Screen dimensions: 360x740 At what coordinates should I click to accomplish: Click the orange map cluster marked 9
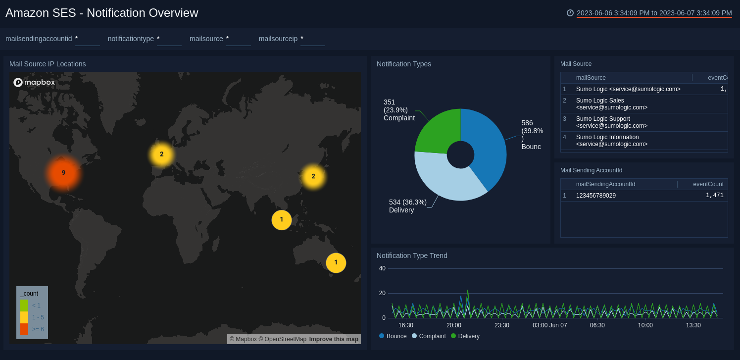pyautogui.click(x=63, y=173)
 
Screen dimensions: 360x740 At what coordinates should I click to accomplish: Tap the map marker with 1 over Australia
pyautogui.click(x=336, y=262)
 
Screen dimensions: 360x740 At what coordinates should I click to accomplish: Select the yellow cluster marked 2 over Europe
pyautogui.click(x=161, y=154)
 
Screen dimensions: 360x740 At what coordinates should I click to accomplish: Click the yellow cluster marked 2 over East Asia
pyautogui.click(x=313, y=176)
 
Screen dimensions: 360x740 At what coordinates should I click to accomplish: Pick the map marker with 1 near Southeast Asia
pyautogui.click(x=282, y=220)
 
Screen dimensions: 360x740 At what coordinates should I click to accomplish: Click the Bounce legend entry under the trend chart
pyautogui.click(x=396, y=336)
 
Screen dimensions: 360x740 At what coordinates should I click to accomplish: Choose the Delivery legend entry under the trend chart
pyautogui.click(x=468, y=336)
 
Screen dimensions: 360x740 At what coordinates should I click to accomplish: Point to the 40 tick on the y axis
pyautogui.click(x=382, y=268)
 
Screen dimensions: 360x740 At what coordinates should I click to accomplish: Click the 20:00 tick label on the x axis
pyautogui.click(x=453, y=325)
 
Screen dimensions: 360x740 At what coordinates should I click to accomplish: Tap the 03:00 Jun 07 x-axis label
pyautogui.click(x=549, y=325)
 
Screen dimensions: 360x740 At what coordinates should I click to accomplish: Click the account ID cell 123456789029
pyautogui.click(x=595, y=196)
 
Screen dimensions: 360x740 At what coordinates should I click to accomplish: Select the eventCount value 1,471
pyautogui.click(x=714, y=196)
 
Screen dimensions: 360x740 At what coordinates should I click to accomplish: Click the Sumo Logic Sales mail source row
pyautogui.click(x=611, y=104)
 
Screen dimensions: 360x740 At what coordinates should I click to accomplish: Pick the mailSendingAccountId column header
pyautogui.click(x=605, y=184)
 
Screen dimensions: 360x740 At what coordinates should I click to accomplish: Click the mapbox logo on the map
pyautogui.click(x=34, y=82)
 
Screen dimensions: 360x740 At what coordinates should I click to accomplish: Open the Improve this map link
pyautogui.click(x=334, y=339)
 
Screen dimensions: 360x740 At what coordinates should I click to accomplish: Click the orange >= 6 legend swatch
pyautogui.click(x=24, y=329)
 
